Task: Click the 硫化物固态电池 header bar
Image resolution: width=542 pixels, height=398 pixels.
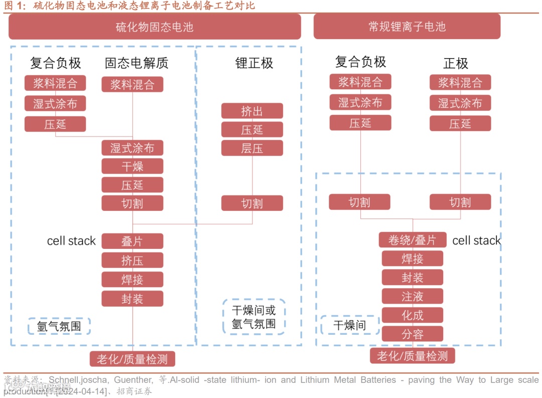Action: click(x=155, y=27)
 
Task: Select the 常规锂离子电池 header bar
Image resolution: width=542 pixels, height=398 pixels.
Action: click(x=406, y=27)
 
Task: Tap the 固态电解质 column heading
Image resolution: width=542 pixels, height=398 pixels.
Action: click(x=137, y=63)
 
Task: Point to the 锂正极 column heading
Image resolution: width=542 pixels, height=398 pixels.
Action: click(x=254, y=63)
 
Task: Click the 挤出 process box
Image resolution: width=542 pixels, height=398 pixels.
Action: click(x=252, y=111)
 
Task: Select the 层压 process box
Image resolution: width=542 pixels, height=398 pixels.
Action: click(x=252, y=148)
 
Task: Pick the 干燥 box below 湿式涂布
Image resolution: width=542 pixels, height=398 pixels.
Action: click(x=132, y=166)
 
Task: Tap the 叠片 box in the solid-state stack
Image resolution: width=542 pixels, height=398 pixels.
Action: click(x=132, y=241)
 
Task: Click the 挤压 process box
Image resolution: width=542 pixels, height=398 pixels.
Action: click(x=132, y=260)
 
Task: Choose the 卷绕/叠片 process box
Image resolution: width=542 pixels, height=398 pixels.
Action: click(x=412, y=240)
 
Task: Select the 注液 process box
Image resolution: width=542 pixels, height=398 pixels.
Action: click(x=412, y=296)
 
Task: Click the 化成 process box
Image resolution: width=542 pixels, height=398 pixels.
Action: click(x=412, y=315)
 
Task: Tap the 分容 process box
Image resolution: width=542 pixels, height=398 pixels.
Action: click(x=412, y=334)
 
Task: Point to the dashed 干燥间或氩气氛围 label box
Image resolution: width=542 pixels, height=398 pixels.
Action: click(x=253, y=317)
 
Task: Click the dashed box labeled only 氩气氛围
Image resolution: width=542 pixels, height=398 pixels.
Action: click(x=59, y=327)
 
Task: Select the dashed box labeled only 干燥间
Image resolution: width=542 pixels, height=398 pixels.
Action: click(x=349, y=325)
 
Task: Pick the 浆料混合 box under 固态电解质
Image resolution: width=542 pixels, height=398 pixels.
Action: click(x=132, y=84)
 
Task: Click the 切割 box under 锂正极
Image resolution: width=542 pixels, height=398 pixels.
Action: click(x=252, y=203)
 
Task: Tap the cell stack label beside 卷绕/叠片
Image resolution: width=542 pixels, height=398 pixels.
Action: click(x=476, y=240)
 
